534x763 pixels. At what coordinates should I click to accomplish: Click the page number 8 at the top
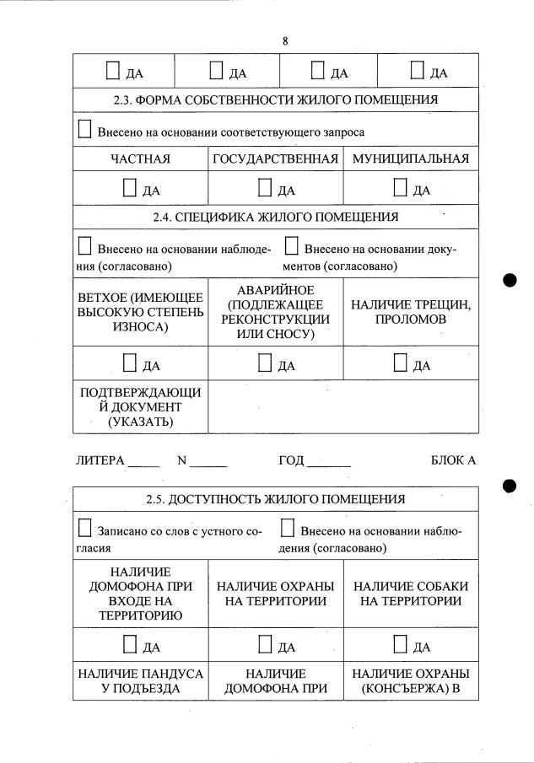[x=285, y=40]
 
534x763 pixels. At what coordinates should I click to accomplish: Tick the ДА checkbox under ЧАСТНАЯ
[x=130, y=188]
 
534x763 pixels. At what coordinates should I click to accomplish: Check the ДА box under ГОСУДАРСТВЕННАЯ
[x=265, y=188]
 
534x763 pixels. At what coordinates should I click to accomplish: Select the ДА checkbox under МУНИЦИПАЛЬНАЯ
[x=401, y=188]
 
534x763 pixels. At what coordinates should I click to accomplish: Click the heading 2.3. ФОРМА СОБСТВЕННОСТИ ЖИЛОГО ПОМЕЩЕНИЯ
[x=275, y=99]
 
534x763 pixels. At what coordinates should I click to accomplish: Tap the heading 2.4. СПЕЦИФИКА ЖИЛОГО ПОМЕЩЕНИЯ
[x=275, y=217]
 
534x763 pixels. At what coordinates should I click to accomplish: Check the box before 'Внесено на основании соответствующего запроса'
[x=84, y=130]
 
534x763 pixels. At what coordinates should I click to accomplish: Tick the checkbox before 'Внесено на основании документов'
[x=291, y=246]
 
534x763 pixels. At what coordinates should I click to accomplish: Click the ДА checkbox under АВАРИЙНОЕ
[x=265, y=363]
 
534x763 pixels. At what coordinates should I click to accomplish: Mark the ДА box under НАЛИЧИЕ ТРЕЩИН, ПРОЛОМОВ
[x=401, y=363]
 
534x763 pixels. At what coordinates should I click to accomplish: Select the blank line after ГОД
[x=329, y=463]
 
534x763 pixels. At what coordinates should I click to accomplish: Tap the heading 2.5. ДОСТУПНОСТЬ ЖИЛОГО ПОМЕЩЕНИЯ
[x=275, y=499]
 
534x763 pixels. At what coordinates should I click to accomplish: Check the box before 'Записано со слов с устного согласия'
[x=84, y=529]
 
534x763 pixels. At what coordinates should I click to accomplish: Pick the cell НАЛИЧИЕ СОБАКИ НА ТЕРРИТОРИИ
[x=410, y=594]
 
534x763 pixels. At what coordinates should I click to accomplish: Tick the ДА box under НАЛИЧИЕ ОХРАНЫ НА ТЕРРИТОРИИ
[x=265, y=645]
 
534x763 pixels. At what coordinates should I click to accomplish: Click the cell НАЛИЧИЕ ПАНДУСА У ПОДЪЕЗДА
[x=140, y=681]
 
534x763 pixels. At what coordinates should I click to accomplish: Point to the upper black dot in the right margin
[x=509, y=281]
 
